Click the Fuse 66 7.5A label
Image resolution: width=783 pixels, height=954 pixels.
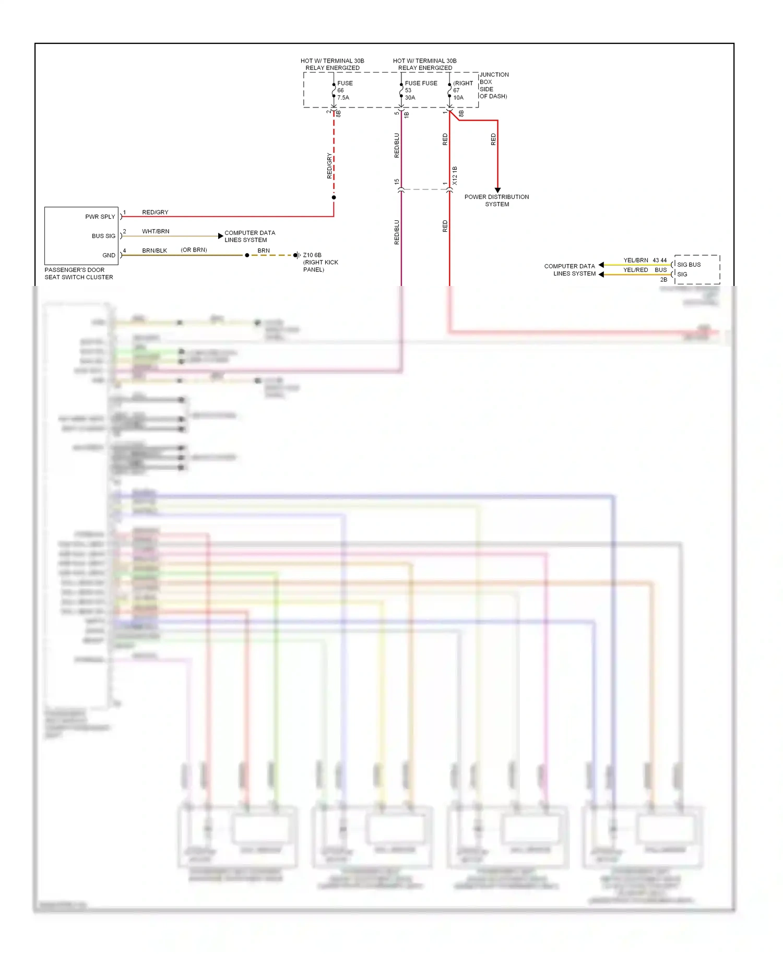coord(344,90)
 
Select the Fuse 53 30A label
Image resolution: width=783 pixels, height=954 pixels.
coord(411,90)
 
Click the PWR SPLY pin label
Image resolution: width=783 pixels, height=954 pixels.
coord(100,217)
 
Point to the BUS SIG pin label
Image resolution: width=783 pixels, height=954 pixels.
coord(103,236)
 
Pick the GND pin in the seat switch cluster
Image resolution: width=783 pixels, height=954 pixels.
coord(109,255)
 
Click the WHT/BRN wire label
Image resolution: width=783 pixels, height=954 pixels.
coord(156,231)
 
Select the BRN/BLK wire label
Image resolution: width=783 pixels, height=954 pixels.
coord(155,251)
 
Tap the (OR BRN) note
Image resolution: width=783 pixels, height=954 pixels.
coord(194,250)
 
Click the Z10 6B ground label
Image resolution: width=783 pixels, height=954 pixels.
coord(312,255)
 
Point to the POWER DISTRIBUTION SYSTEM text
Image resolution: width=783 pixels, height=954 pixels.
coord(496,200)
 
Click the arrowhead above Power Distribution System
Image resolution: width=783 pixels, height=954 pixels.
coord(497,190)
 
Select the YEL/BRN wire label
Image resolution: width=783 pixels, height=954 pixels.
coord(635,260)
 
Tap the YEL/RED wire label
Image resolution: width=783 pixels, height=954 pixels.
coord(635,270)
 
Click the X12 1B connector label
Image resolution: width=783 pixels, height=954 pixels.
coord(455,176)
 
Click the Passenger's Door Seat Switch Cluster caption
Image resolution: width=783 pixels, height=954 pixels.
coord(78,273)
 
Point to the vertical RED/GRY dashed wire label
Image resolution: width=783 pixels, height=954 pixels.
coord(329,166)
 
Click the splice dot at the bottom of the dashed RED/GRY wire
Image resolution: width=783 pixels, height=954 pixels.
coord(334,197)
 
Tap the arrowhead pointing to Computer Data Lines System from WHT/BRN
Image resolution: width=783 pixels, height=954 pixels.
coord(220,236)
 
